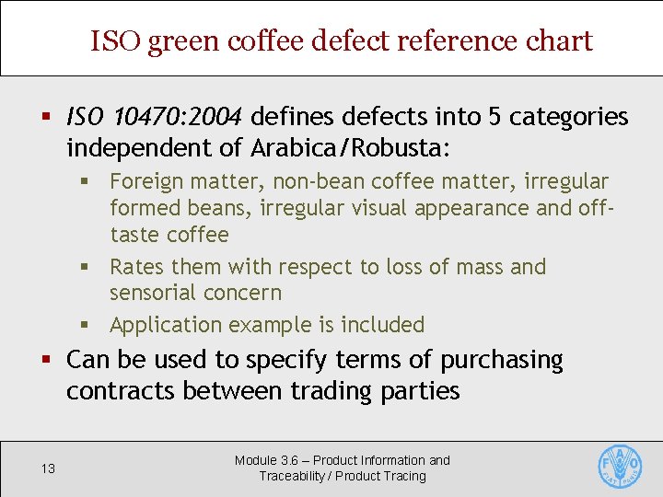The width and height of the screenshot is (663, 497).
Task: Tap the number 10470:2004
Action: (x=179, y=117)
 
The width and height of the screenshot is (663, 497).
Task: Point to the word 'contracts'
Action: (x=121, y=391)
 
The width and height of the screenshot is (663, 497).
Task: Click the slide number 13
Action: (x=49, y=468)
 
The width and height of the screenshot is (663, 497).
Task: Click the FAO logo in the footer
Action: (x=620, y=467)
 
